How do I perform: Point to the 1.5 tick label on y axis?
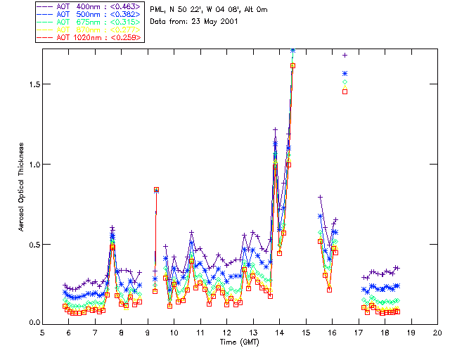pos(32,84)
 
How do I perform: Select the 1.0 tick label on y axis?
pos(32,164)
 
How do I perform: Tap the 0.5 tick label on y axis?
pos(32,245)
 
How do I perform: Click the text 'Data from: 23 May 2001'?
pos(195,22)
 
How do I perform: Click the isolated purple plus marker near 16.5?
pos(345,55)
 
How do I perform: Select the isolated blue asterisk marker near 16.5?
pos(345,73)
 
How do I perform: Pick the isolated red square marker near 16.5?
pos(345,91)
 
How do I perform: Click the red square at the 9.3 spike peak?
pos(156,190)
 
